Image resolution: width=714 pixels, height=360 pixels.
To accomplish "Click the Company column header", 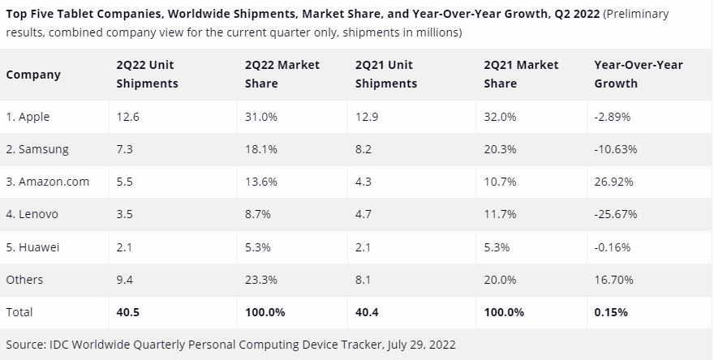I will point(33,75).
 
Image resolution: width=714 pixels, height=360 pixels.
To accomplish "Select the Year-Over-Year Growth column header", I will point(639,74).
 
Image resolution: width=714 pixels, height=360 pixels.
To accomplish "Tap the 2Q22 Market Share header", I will point(282,74).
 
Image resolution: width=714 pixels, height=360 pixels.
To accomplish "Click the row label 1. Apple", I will point(28,117).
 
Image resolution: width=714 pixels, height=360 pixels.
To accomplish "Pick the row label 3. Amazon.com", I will point(47,182).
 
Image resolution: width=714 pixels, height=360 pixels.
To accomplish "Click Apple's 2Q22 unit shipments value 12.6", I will point(128,117).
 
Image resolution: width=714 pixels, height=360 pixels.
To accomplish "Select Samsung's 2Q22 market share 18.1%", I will point(261,149).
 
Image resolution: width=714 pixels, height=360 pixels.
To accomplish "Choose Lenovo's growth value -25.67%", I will point(615,214).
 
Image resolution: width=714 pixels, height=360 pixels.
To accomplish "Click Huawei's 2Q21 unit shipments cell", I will point(363,246).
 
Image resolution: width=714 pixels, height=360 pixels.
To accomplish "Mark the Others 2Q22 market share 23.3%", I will point(261,279).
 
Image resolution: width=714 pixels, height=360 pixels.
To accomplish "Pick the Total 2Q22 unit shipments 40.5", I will point(129,311).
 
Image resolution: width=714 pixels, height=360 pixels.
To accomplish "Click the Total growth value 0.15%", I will point(610,311).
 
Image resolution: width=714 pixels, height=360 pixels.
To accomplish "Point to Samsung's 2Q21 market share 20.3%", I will point(501,149).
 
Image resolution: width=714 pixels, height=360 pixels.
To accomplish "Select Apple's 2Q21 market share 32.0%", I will point(501,117).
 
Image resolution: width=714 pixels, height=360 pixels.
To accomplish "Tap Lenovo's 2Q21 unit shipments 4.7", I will point(363,214).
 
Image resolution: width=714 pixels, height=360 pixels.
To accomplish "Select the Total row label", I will point(19,311).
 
